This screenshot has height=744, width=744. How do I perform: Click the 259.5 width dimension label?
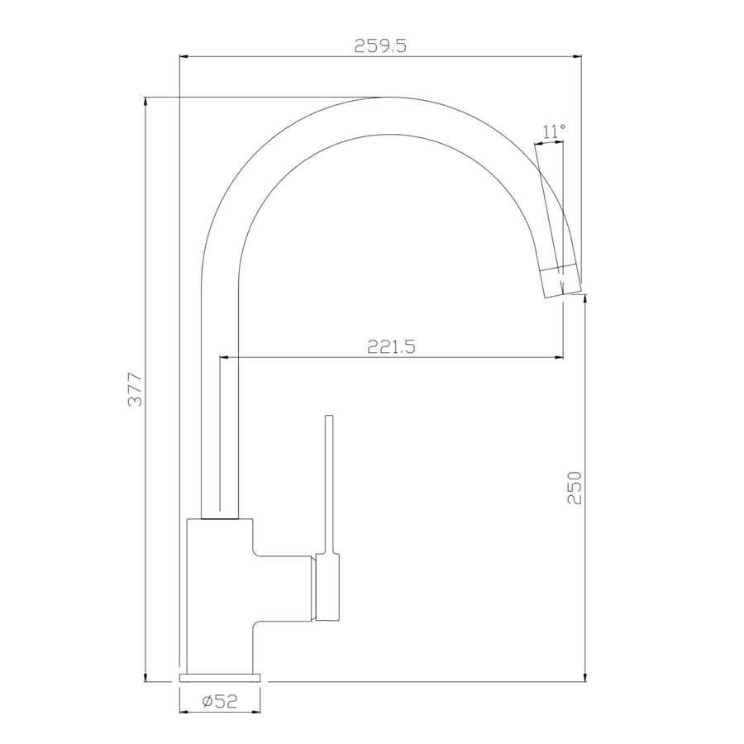coord(380,45)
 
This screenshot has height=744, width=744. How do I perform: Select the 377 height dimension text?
coord(136,389)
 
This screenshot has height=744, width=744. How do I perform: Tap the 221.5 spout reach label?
coord(392,347)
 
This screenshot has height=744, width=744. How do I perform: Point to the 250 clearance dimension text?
coord(575,487)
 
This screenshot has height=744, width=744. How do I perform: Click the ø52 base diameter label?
coord(220,701)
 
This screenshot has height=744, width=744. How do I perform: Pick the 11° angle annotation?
coord(553,131)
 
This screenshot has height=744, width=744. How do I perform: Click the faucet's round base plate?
coord(220,677)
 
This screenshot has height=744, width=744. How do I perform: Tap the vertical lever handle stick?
coord(329,484)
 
